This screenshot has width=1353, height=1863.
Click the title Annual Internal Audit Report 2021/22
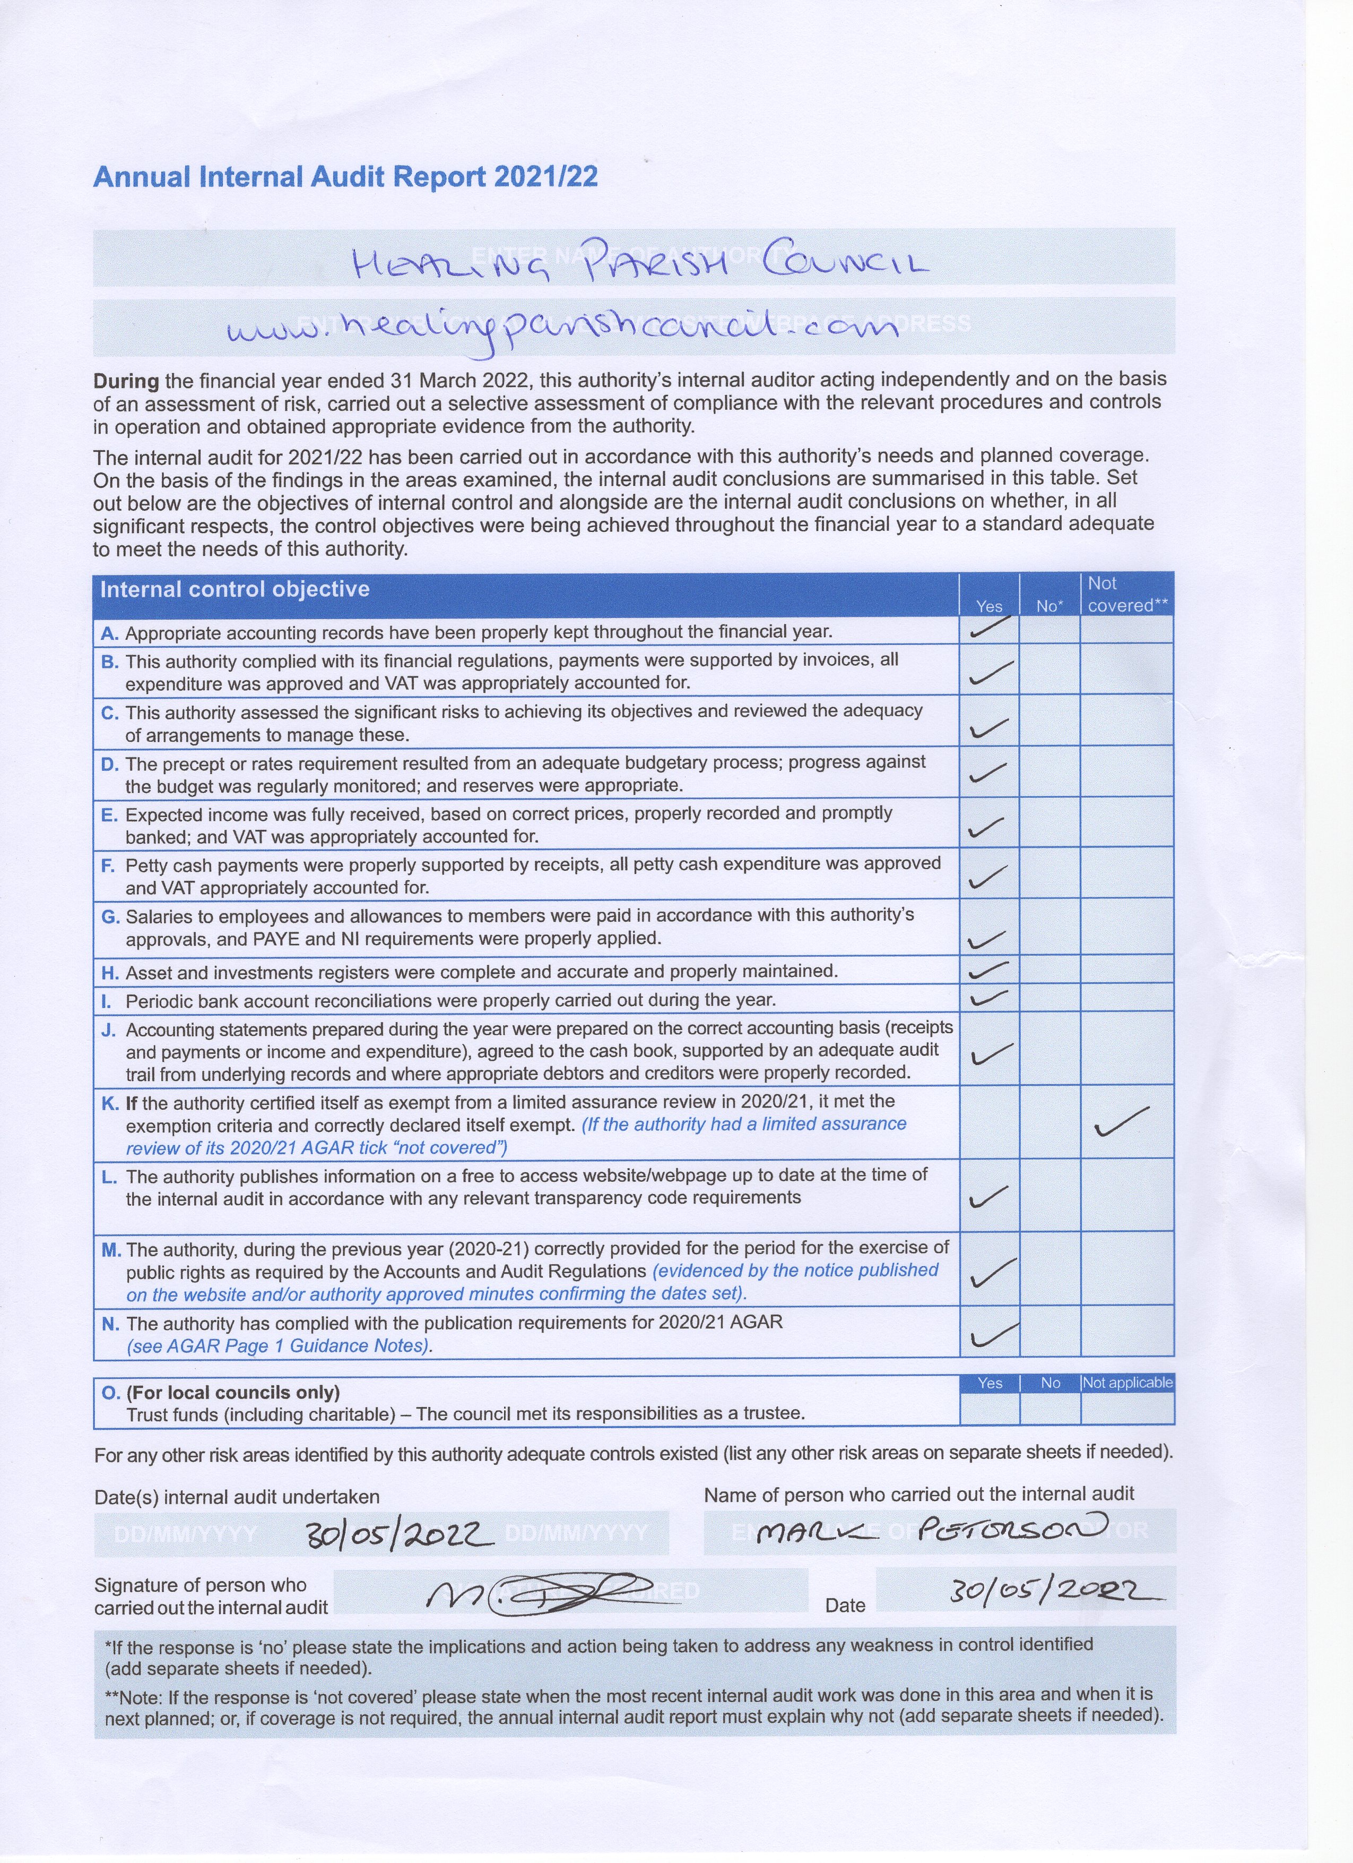click(x=345, y=177)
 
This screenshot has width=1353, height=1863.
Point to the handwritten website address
click(x=562, y=329)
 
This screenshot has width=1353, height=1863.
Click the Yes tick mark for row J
click(x=991, y=1053)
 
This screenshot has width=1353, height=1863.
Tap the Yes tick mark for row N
click(x=992, y=1335)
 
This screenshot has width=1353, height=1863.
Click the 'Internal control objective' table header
click(x=235, y=589)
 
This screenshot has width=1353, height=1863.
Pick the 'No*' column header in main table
click(x=1049, y=606)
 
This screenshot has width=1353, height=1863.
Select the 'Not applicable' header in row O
click(x=1127, y=1383)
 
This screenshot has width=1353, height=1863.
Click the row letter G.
click(x=109, y=917)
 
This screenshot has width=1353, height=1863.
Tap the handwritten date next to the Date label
click(x=1055, y=1592)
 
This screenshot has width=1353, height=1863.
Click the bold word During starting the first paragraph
click(x=126, y=381)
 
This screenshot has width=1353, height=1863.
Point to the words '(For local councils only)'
click(x=232, y=1392)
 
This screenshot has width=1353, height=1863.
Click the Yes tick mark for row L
click(x=990, y=1198)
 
